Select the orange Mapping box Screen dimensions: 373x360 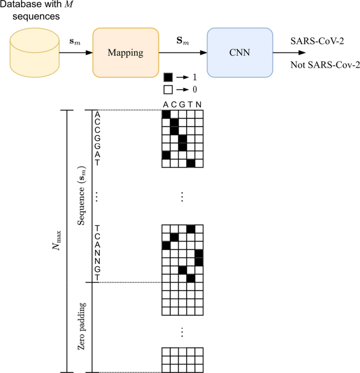click(x=126, y=53)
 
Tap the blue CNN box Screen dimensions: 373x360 click(x=240, y=53)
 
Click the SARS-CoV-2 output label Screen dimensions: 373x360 click(x=317, y=41)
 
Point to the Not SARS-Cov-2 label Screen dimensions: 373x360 click(x=325, y=65)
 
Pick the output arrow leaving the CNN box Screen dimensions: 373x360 click(x=289, y=53)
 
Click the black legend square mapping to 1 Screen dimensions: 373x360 click(x=168, y=77)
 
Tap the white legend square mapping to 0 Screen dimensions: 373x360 click(x=168, y=89)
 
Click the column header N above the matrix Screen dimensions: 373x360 click(x=198, y=105)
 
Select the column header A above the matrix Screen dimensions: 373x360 click(x=166, y=105)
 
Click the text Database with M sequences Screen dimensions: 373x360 click(x=34, y=11)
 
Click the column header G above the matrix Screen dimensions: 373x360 click(x=182, y=105)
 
